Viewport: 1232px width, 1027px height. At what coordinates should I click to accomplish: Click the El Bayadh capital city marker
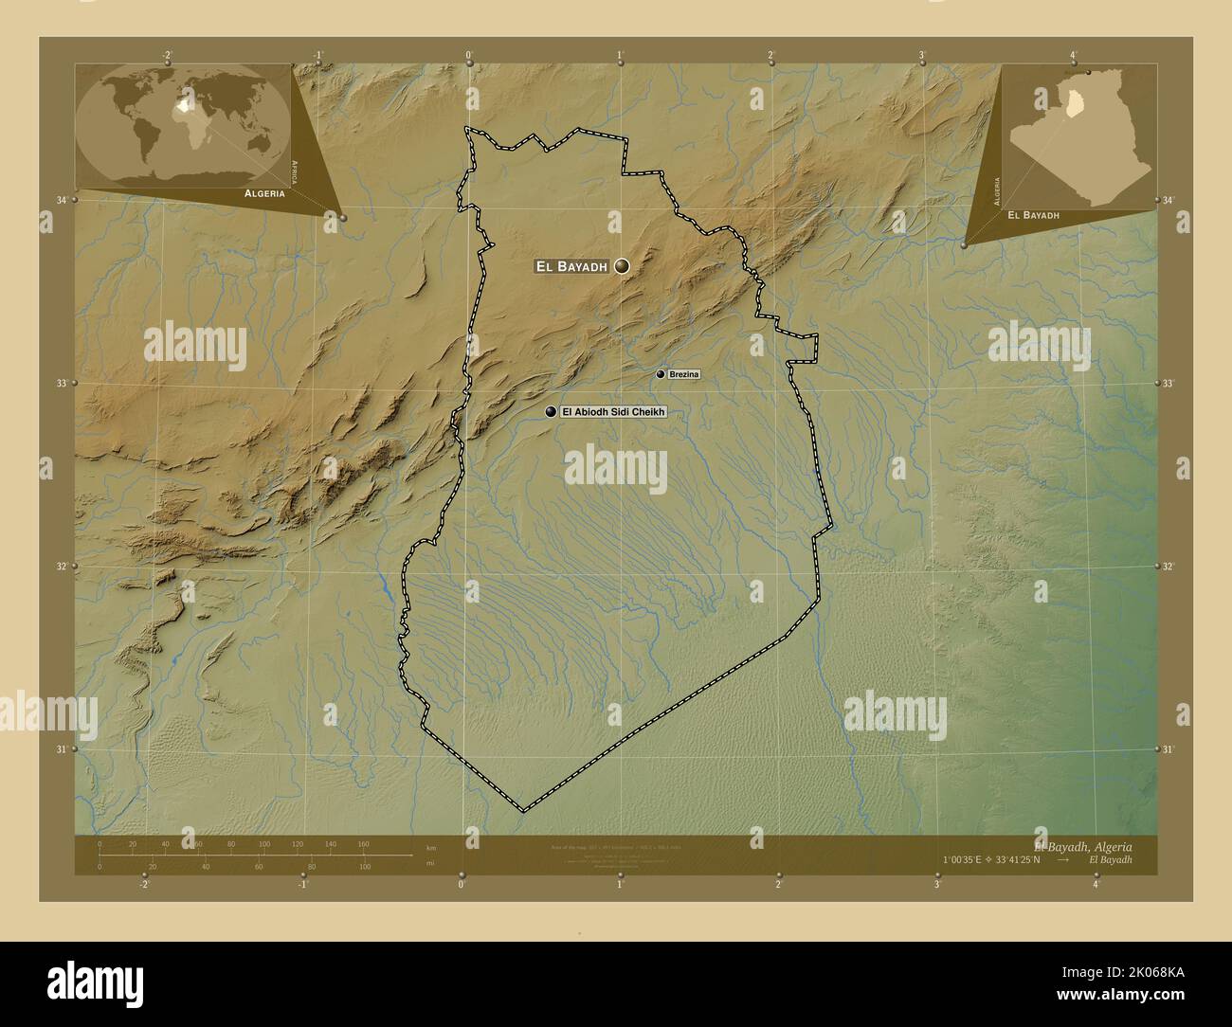pos(622,267)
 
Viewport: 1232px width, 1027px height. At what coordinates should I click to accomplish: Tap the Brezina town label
pos(683,375)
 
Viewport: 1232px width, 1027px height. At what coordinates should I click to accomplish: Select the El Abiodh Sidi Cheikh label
pos(615,412)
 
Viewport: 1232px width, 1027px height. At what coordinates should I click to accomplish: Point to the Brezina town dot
pos(661,375)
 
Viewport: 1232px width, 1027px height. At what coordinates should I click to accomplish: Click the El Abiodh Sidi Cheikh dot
pos(551,412)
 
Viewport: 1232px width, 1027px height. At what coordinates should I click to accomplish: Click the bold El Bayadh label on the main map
pos(571,267)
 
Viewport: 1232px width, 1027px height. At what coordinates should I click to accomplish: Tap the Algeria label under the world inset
pos(264,192)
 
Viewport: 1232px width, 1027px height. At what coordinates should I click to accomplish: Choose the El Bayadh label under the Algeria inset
pos(1033,216)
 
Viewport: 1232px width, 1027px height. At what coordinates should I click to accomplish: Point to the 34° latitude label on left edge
pos(63,200)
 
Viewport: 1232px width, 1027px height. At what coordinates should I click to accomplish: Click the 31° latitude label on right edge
pos(1168,749)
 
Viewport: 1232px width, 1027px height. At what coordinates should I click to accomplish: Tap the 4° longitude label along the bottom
pos(1096,885)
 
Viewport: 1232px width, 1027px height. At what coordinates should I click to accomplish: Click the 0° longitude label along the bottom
pos(462,885)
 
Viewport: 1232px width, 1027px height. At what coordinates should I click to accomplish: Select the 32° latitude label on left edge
pos(63,567)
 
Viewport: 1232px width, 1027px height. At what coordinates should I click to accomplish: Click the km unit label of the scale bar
pos(431,847)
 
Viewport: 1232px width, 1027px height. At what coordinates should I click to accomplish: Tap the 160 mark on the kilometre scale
pos(363,843)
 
